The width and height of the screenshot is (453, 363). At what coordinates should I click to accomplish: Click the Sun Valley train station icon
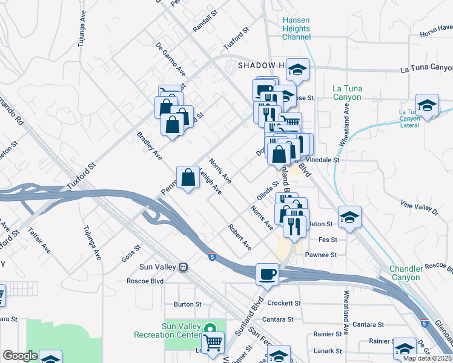pyautogui.click(x=183, y=267)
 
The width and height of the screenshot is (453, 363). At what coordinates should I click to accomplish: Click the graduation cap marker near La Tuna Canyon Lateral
pyautogui.click(x=427, y=105)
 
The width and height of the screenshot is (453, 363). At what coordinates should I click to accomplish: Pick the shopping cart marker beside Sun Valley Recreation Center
pyautogui.click(x=213, y=343)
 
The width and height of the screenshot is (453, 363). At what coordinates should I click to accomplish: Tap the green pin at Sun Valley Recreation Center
pyautogui.click(x=210, y=329)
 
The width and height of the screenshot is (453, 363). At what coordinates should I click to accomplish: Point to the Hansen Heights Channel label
pyautogui.click(x=296, y=28)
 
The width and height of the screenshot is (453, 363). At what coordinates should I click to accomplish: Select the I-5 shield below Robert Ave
pyautogui.click(x=211, y=256)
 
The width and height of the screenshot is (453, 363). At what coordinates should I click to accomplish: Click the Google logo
pyautogui.click(x=20, y=356)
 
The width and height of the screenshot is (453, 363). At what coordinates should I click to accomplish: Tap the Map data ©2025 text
pyautogui.click(x=427, y=358)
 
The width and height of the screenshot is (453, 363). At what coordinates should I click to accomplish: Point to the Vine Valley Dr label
pyautogui.click(x=418, y=208)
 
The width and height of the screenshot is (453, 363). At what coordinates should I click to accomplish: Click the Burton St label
pyautogui.click(x=187, y=304)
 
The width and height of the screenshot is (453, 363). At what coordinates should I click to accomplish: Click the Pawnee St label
pyautogui.click(x=320, y=255)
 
